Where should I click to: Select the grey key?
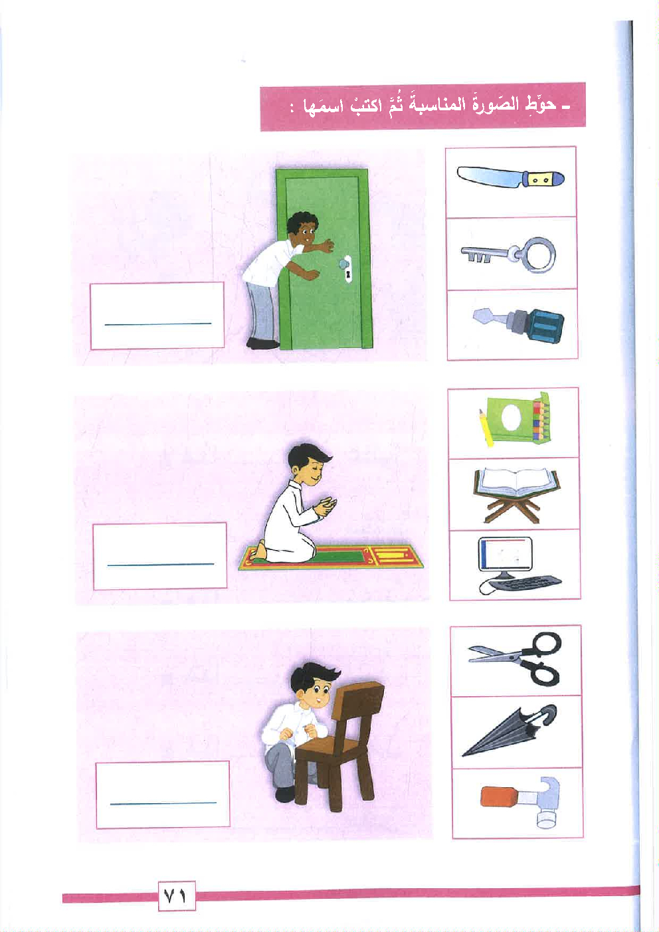pos(508,253)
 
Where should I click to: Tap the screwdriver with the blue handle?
pos(519,325)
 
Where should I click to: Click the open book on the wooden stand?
pos(516,495)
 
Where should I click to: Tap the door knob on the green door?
pos(344,264)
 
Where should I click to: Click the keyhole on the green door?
pos(347,275)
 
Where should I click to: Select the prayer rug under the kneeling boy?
pos(331,557)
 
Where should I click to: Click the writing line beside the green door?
pos(157,324)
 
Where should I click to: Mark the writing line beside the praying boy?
pos(161,565)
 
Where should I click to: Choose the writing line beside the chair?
pos(163,803)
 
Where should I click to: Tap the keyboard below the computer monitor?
pos(526,582)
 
